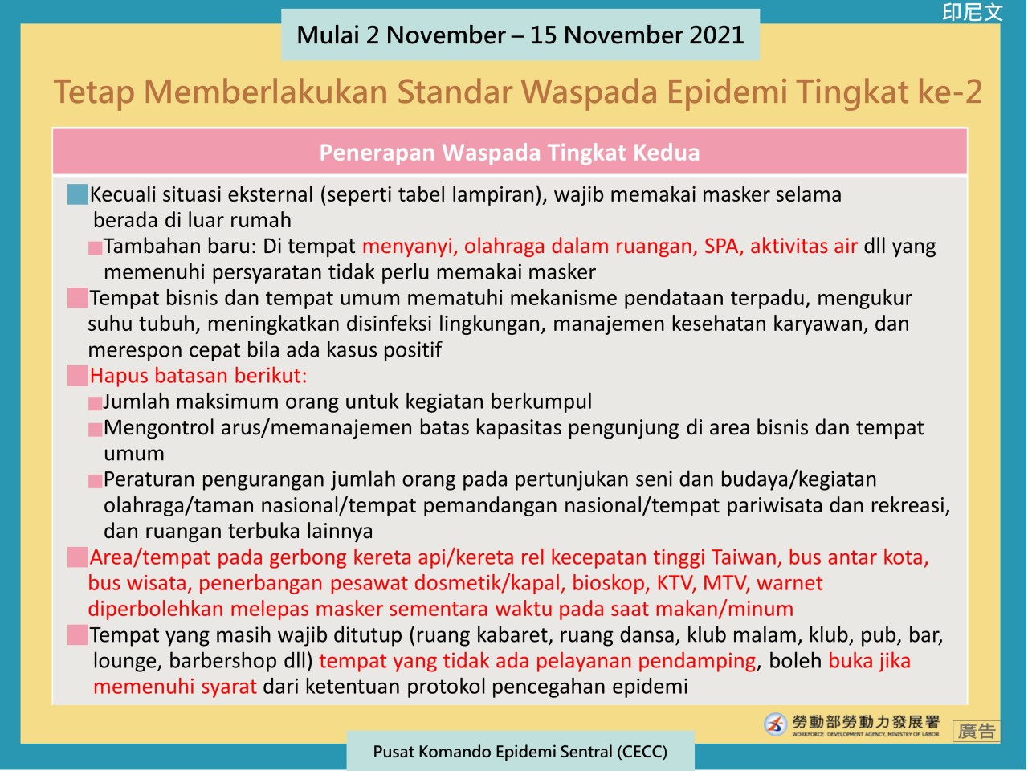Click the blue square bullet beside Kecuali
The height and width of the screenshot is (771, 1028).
[77, 194]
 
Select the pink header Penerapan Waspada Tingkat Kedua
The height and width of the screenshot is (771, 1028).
[509, 153]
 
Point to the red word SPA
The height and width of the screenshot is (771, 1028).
[720, 246]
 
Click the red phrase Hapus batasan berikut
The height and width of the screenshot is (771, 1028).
[198, 375]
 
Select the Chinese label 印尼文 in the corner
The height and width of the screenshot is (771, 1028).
[973, 13]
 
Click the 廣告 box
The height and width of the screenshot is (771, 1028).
[976, 731]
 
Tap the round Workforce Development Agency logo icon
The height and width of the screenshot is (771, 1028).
[775, 724]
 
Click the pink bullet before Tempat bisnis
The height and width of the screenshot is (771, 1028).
[77, 298]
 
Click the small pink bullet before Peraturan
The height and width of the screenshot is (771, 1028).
[95, 481]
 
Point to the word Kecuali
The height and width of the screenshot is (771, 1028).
[123, 194]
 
